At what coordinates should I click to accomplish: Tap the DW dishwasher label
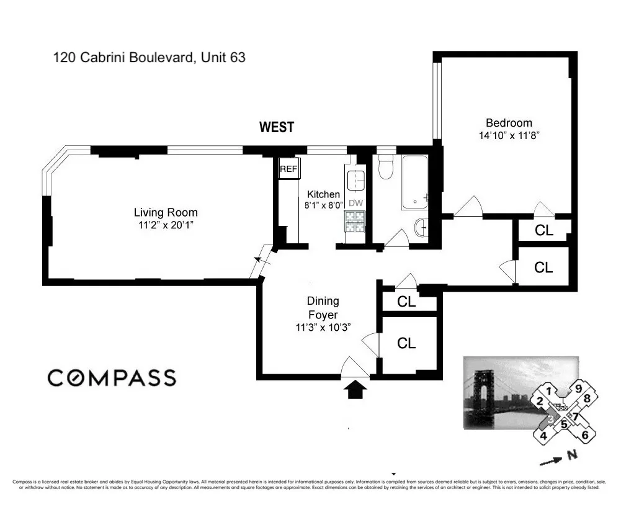355,203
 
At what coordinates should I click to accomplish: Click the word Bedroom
509,123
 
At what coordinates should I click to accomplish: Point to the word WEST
277,127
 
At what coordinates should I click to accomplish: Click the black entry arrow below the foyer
356,390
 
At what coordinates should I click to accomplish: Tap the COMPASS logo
112,377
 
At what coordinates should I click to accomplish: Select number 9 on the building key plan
578,389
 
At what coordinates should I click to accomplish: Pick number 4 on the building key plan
543,435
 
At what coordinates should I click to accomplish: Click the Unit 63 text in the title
221,58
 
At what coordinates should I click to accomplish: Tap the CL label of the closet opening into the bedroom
543,230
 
